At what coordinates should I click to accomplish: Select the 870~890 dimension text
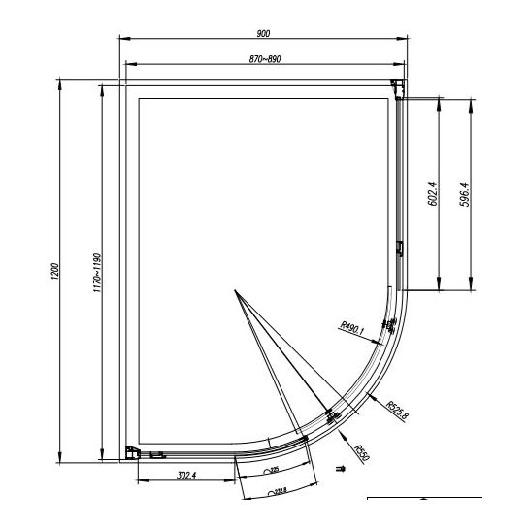point(264,60)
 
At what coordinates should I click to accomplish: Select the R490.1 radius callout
point(352,328)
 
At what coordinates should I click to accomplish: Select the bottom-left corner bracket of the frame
point(131,451)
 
